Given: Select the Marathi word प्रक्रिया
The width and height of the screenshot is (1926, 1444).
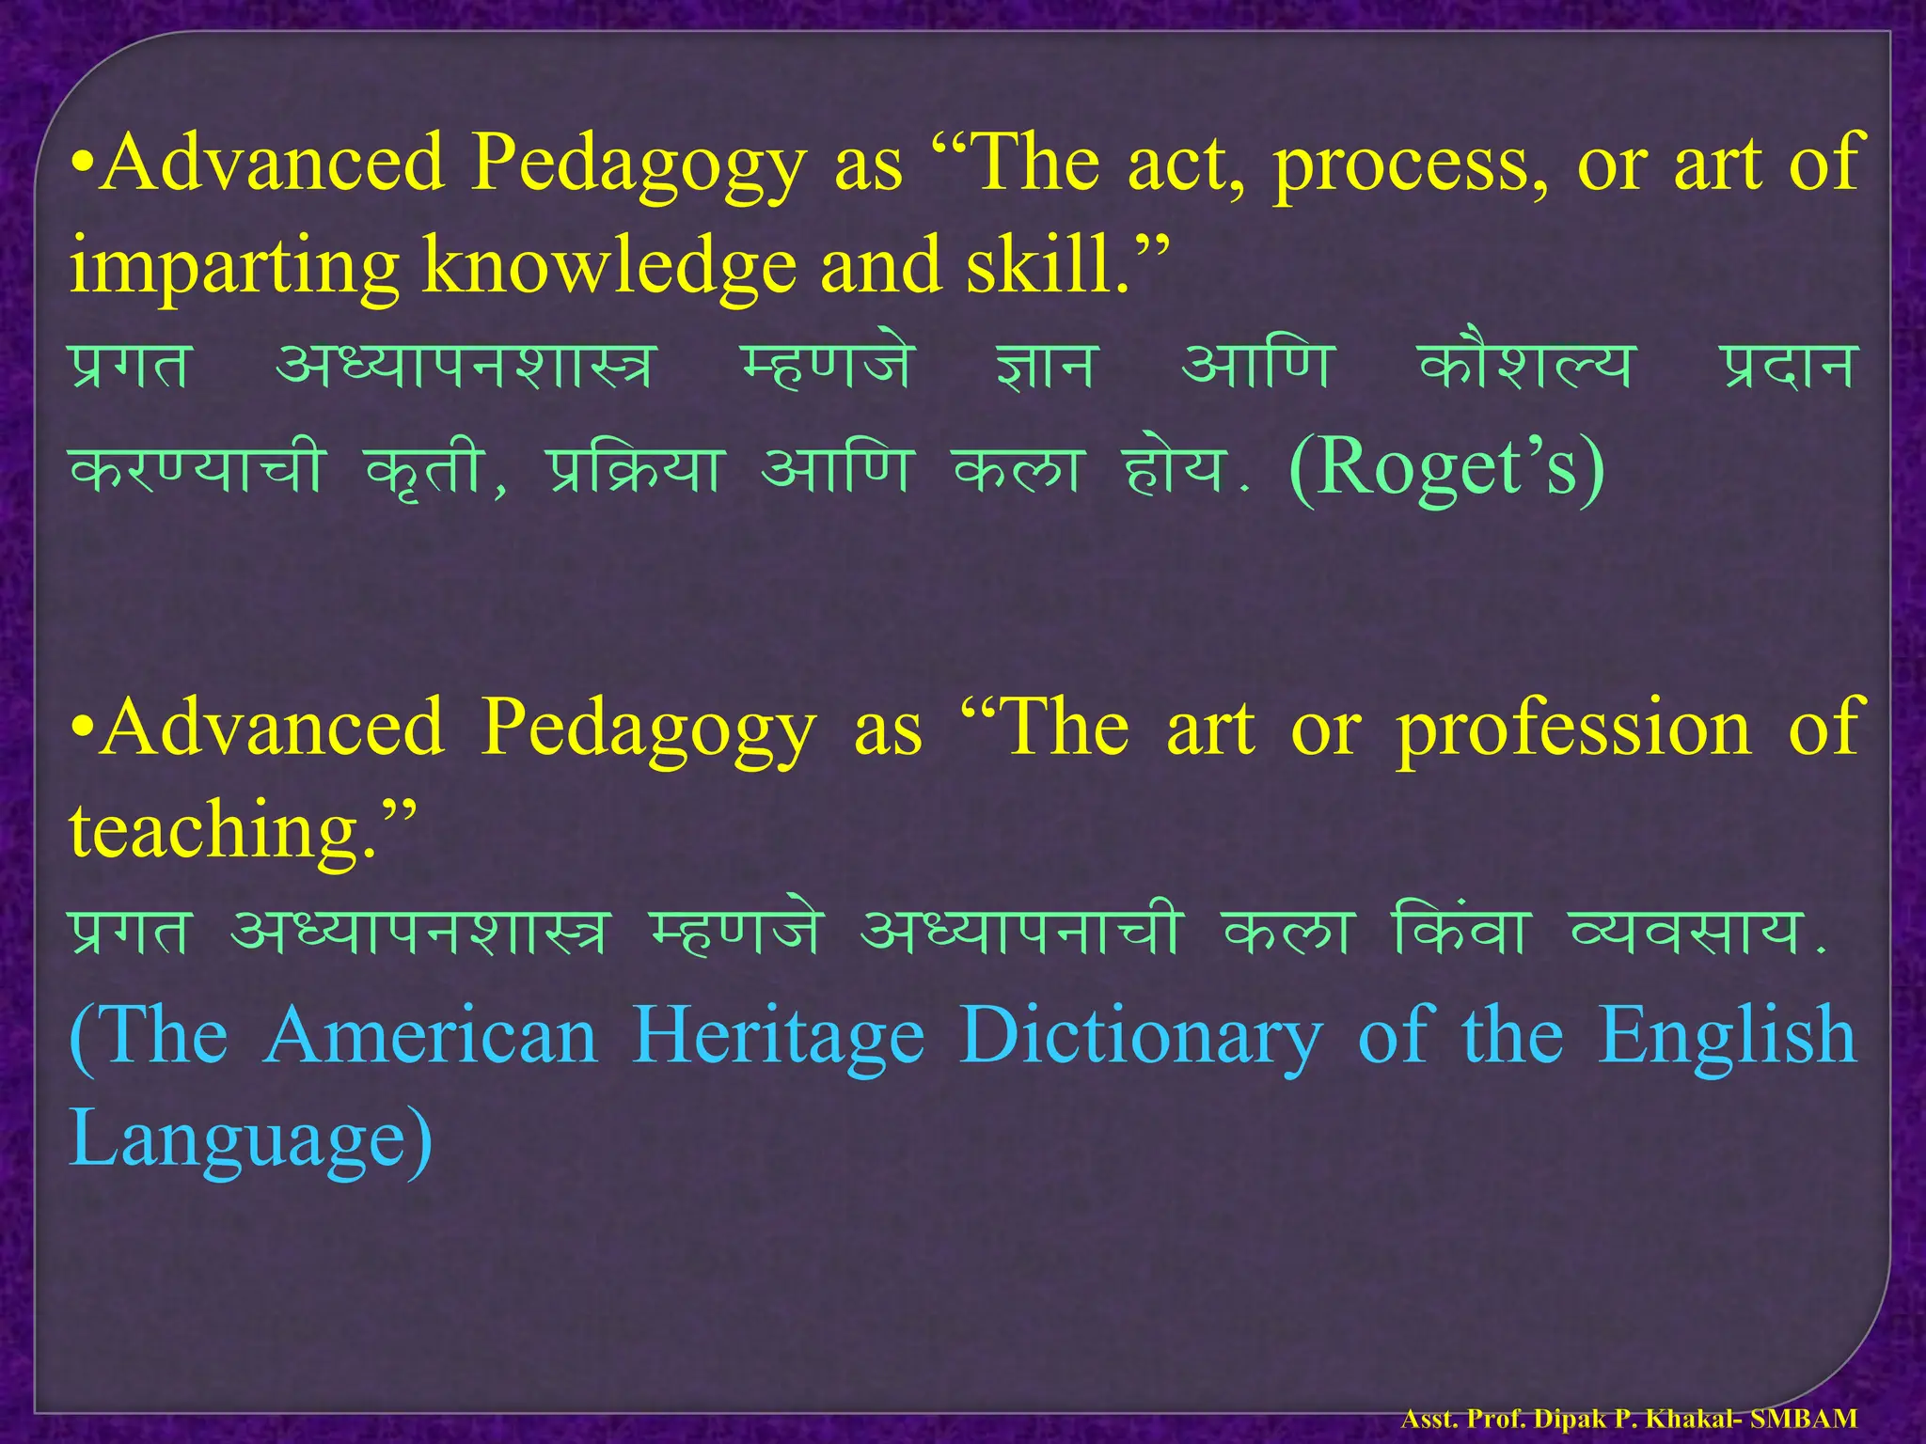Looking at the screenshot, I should (634, 468).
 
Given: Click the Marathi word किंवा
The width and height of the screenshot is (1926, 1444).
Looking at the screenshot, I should (1461, 931).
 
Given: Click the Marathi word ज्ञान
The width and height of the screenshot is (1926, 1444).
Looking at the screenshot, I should (1046, 367).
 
